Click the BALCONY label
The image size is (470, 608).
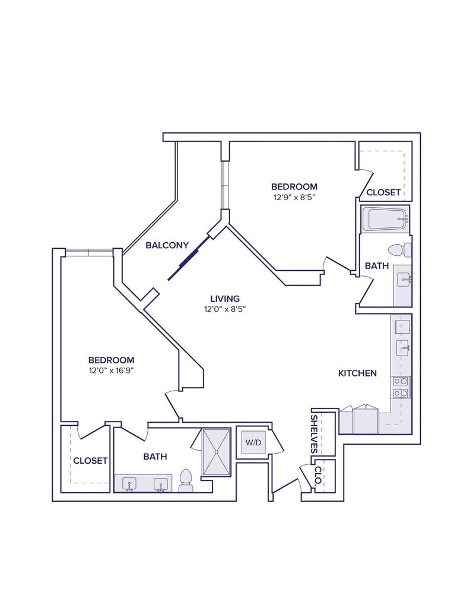pos(167,245)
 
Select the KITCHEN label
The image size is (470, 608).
pos(357,373)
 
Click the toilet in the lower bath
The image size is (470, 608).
pos(186,480)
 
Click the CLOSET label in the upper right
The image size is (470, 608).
pos(383,192)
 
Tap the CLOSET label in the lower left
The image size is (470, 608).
pos(90,460)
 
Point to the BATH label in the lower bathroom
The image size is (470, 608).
pos(155,457)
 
